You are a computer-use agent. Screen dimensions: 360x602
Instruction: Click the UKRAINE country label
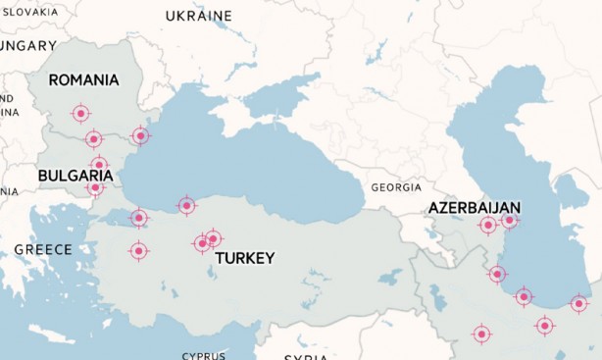(x=199, y=16)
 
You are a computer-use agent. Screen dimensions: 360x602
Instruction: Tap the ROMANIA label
(x=83, y=79)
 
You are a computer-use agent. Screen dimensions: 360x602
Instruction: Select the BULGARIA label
(x=75, y=176)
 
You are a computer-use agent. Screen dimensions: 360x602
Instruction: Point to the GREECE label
(x=43, y=249)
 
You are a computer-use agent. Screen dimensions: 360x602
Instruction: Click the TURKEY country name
(x=244, y=258)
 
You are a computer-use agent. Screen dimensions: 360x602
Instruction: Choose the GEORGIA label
(x=396, y=187)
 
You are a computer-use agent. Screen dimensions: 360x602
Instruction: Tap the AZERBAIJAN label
(x=474, y=208)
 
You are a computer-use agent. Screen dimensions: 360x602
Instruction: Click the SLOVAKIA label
(x=29, y=13)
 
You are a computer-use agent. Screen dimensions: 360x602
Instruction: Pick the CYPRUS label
(x=203, y=355)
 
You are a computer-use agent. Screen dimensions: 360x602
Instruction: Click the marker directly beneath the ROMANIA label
(x=81, y=114)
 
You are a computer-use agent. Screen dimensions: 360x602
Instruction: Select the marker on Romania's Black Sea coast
(x=140, y=136)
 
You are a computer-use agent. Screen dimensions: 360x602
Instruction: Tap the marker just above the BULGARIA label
(x=99, y=165)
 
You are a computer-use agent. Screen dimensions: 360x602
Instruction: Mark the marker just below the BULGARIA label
(x=95, y=187)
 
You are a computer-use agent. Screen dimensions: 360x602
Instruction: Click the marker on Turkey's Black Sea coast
(x=186, y=205)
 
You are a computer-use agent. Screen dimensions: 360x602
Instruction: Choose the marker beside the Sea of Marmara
(x=139, y=218)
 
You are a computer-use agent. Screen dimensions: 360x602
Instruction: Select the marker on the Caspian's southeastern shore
(x=579, y=304)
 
